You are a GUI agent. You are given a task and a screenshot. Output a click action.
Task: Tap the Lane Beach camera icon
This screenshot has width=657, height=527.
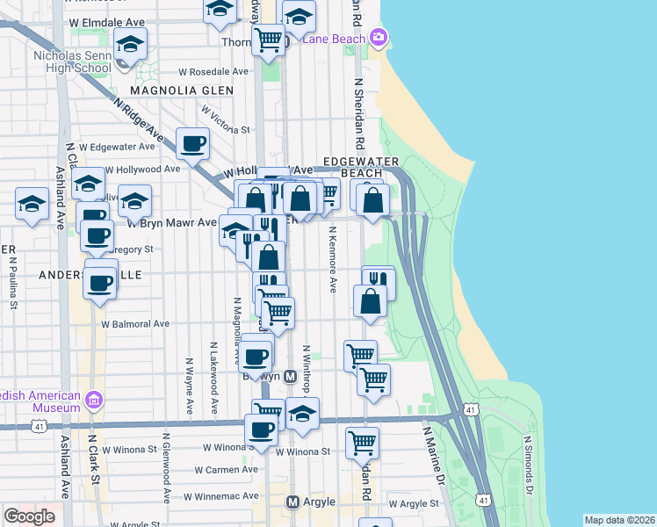click(379, 37)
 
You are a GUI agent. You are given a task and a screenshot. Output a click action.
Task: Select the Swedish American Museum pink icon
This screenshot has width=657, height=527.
click(95, 401)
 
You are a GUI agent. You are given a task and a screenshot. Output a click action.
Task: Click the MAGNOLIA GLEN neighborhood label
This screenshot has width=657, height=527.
click(182, 90)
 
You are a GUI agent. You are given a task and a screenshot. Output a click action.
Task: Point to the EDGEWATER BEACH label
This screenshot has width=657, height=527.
click(361, 167)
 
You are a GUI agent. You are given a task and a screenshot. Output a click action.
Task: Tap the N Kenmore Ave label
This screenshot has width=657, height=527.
click(333, 260)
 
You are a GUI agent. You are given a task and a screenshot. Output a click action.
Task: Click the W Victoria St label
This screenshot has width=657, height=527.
click(225, 122)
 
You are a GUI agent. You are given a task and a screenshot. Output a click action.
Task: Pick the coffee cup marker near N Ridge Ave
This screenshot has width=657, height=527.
click(192, 144)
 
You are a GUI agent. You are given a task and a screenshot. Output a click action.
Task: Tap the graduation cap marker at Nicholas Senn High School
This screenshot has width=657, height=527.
click(130, 44)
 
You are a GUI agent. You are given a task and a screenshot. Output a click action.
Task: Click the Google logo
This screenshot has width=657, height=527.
click(29, 516)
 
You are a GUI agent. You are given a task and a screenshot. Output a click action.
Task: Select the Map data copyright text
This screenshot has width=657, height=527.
click(620, 520)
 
